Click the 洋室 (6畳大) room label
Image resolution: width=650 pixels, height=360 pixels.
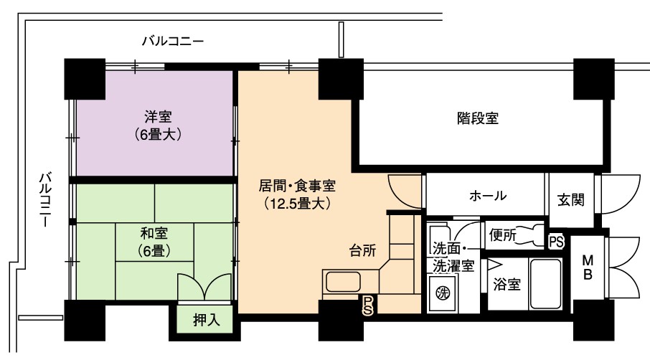point(158,125)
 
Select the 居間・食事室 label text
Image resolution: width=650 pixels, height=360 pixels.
point(297,186)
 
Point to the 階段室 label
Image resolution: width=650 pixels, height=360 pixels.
point(478,118)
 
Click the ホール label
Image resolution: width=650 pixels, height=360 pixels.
point(488,195)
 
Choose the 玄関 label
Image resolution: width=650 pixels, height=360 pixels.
point(571,200)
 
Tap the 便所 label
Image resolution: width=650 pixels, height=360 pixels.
point(502,235)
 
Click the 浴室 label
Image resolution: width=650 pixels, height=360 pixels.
point(507,284)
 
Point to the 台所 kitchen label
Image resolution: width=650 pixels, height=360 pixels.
point(363,250)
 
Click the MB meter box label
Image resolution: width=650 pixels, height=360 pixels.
point(588,267)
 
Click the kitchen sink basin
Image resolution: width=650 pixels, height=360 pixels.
point(343,282)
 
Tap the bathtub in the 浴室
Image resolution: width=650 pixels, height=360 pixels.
point(546,284)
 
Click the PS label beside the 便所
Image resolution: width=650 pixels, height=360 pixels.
point(556,242)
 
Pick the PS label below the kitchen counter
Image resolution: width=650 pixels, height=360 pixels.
point(367,305)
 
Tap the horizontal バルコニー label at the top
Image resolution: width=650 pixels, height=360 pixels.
point(173,42)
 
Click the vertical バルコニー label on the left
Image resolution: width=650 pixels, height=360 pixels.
point(46,199)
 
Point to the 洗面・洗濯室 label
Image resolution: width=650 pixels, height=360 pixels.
point(453,257)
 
